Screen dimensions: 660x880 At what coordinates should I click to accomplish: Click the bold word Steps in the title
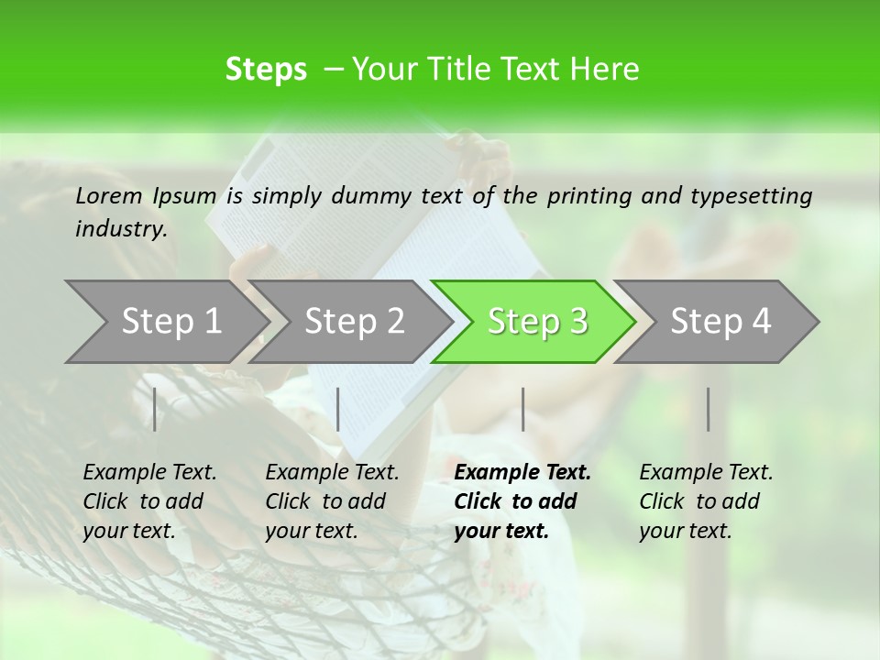(x=266, y=70)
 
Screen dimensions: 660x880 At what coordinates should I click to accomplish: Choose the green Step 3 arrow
(x=537, y=322)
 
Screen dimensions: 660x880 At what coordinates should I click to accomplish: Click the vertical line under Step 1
(x=155, y=409)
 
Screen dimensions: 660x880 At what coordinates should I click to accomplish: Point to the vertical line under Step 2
(x=338, y=409)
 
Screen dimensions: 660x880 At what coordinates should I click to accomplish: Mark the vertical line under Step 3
(x=523, y=409)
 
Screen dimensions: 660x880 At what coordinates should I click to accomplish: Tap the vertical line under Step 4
(x=709, y=409)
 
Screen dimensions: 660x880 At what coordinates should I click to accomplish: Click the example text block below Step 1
(x=149, y=501)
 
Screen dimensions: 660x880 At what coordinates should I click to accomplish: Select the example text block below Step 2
(x=332, y=501)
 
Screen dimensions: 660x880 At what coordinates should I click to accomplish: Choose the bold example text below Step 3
(x=522, y=501)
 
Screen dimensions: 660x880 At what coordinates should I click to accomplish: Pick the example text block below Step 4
(x=706, y=501)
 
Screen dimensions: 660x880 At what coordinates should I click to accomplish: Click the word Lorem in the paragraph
(x=109, y=195)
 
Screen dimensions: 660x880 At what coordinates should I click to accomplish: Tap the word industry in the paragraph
(x=120, y=229)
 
